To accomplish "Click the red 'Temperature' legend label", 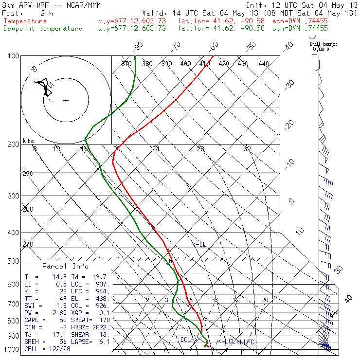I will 25,21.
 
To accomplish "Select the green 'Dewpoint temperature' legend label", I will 43,28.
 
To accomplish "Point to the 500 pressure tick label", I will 14,261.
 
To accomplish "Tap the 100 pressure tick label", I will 14,56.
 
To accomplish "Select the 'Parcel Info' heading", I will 65,266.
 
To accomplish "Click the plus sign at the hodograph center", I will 66,101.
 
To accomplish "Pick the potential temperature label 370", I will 126,64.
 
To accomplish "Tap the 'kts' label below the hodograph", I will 29,141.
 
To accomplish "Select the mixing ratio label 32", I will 247,149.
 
